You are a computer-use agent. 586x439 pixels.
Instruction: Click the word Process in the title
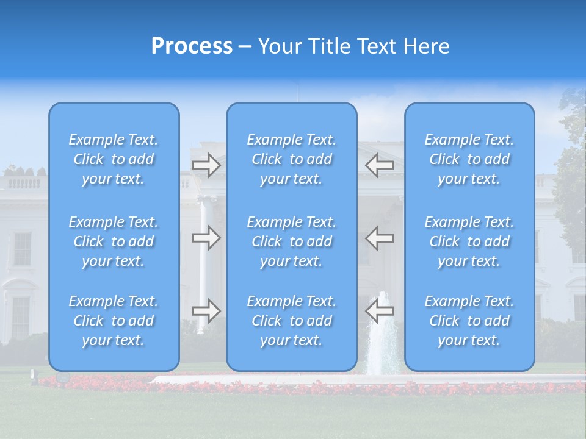tap(192, 46)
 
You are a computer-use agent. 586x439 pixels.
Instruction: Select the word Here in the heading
tap(426, 46)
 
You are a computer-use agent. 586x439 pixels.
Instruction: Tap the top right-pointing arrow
tap(206, 165)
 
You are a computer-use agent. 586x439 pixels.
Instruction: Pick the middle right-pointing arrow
tap(206, 238)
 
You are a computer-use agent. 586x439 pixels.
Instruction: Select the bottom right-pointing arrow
tap(206, 311)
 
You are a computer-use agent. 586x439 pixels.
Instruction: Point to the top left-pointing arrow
tap(379, 165)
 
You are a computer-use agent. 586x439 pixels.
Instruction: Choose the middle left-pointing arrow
tap(379, 238)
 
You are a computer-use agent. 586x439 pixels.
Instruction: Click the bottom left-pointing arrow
tap(379, 311)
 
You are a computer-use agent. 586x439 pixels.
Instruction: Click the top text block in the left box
tap(114, 159)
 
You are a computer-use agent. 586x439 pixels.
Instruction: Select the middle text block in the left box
tap(114, 241)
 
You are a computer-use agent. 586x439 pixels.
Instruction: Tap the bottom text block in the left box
tap(114, 321)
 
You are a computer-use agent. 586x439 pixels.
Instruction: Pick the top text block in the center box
tap(292, 159)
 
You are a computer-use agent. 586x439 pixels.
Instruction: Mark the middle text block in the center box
tap(292, 241)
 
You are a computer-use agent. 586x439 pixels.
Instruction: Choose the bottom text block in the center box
tap(292, 321)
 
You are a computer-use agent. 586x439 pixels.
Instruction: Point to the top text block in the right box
tap(469, 159)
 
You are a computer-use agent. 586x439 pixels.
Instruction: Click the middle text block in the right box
tap(469, 241)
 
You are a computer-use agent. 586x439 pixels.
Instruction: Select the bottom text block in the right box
tap(469, 321)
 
